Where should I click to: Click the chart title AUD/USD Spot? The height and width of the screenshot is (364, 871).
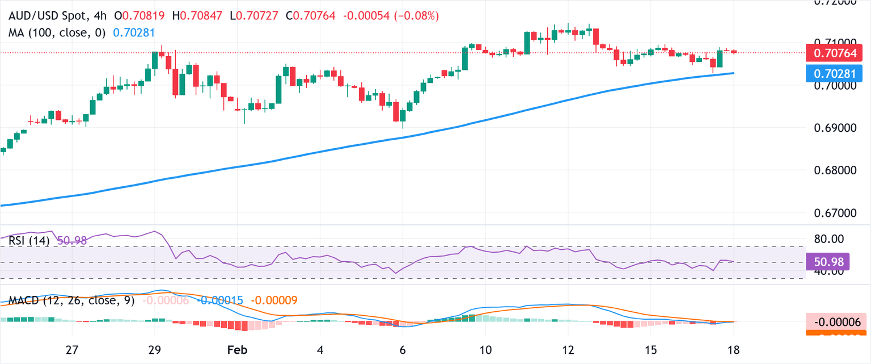[48, 16]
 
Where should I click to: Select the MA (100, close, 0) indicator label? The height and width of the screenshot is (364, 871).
[57, 33]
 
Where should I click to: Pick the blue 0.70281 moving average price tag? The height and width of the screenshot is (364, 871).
[837, 73]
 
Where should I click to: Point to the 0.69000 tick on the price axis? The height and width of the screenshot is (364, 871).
[836, 128]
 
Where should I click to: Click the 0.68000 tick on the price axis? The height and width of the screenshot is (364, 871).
[836, 170]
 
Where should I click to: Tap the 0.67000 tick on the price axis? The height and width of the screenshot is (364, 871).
[836, 213]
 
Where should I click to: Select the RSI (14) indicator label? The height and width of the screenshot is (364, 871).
[29, 241]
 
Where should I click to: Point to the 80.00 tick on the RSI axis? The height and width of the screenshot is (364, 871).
[830, 239]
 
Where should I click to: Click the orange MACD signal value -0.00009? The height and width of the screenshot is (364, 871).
[274, 300]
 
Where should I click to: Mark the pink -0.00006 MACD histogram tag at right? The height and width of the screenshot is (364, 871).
[837, 322]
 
